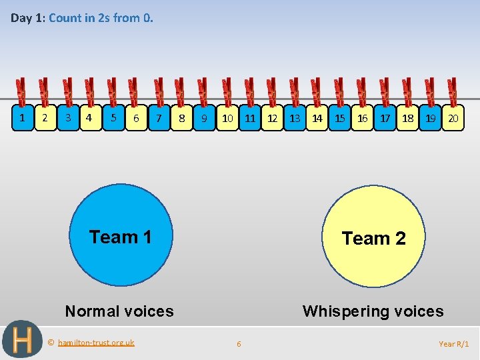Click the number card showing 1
click(23, 118)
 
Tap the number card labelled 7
click(159, 118)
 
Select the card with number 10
click(227, 118)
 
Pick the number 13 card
click(295, 118)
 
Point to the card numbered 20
click(453, 118)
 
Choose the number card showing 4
click(90, 118)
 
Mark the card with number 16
click(363, 118)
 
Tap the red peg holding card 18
click(407, 91)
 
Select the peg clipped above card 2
click(44, 91)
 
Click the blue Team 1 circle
click(121, 237)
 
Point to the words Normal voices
click(119, 311)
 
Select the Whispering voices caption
click(373, 311)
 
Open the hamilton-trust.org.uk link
click(96, 343)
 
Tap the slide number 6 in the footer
click(239, 344)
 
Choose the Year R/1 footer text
click(454, 344)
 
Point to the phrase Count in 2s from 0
click(101, 18)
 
